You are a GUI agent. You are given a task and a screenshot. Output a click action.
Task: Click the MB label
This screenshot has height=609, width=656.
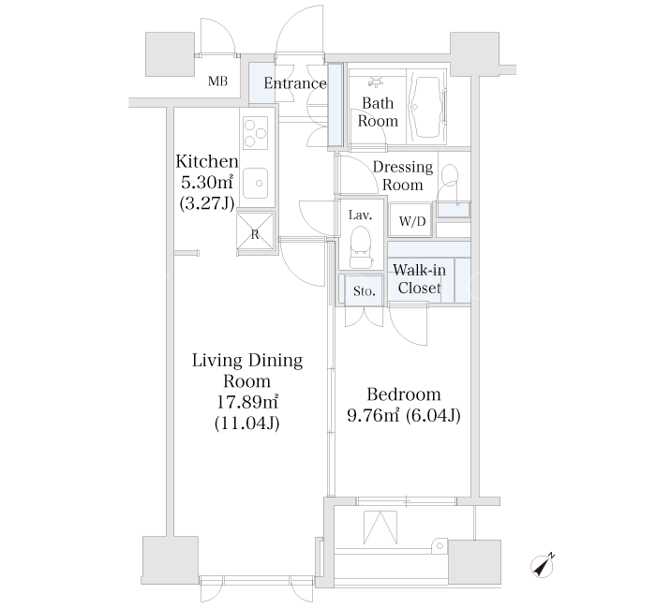coord(218,81)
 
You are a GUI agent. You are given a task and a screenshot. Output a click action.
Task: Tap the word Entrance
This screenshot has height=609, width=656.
coord(295,83)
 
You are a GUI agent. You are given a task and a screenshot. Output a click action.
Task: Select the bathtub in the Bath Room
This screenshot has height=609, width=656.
coord(427,108)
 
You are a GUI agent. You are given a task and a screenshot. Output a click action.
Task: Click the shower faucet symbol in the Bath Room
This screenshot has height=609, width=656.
coord(376,82)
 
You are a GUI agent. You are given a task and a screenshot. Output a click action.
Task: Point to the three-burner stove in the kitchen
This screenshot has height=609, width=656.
coord(255,133)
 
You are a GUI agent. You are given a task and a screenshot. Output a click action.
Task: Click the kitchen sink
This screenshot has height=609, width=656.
coord(256,184)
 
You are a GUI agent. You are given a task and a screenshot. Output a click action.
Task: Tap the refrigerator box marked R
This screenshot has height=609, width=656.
coord(255,234)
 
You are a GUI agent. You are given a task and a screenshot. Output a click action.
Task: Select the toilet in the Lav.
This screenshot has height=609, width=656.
coord(360,247)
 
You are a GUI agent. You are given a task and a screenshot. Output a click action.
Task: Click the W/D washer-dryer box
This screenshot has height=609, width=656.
coord(412,220)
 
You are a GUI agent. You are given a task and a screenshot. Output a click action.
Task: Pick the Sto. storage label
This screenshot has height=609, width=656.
coord(364,290)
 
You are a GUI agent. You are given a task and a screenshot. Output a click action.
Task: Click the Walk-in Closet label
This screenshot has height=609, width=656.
coord(419,279)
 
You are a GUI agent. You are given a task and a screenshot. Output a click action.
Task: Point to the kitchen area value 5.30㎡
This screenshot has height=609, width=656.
coord(207,182)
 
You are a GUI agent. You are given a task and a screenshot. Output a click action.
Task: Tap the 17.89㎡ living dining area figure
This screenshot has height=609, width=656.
coord(246,402)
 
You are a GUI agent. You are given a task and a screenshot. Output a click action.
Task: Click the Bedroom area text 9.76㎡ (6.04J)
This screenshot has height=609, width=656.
coord(404,415)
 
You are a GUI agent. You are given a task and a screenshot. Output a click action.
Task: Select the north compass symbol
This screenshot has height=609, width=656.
coord(543,566)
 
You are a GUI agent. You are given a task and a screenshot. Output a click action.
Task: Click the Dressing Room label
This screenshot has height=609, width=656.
coord(403,176)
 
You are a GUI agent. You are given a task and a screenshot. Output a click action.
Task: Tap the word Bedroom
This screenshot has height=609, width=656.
coord(404,394)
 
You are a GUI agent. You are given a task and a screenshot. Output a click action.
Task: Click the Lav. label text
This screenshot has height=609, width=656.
coord(360,215)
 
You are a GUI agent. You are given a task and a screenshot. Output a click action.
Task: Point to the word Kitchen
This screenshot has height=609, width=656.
coord(207,161)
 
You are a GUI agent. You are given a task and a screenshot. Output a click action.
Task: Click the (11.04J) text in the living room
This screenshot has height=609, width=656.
coord(246,423)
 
